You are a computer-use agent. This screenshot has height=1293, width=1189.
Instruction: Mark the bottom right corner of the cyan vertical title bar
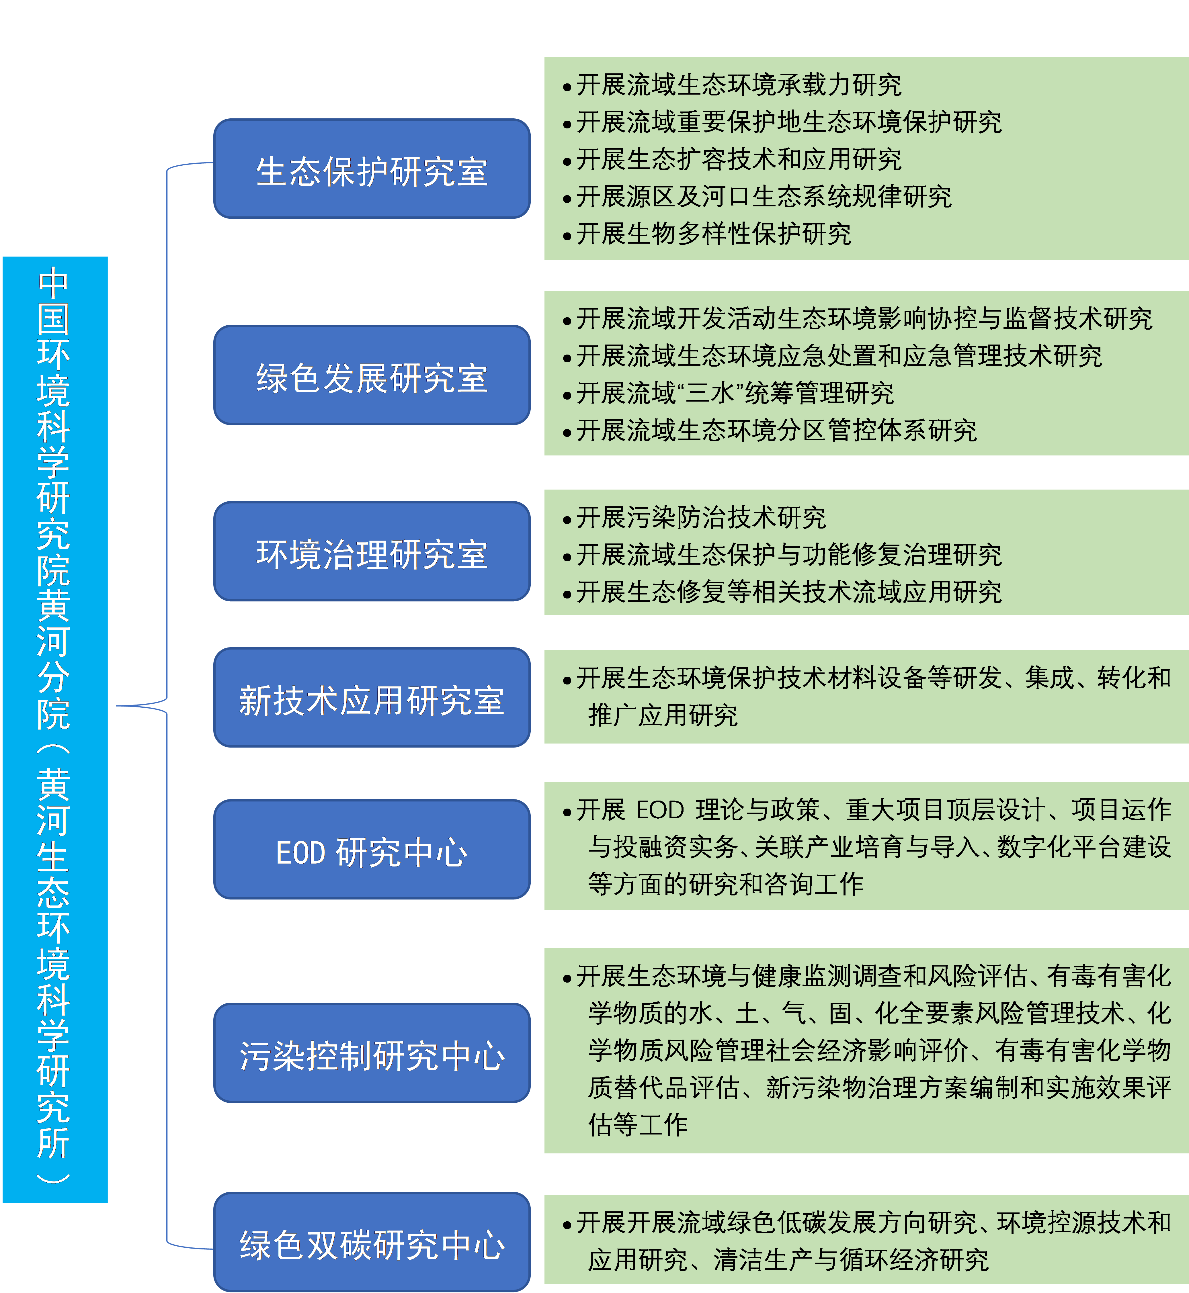(108, 1202)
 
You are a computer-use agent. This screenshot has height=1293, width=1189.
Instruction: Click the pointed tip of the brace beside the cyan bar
(116, 706)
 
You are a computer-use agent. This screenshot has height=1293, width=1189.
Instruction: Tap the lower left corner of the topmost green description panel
(545, 260)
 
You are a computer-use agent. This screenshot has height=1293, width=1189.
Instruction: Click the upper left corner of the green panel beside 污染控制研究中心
(545, 948)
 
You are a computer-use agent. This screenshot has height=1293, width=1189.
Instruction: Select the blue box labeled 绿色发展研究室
(372, 375)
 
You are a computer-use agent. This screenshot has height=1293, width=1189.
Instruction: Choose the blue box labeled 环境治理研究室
(372, 551)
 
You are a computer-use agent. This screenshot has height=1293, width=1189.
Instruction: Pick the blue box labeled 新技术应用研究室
(372, 697)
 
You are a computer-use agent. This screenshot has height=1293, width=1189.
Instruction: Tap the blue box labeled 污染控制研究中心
(372, 1053)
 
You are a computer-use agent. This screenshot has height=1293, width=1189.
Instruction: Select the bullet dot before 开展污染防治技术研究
(567, 521)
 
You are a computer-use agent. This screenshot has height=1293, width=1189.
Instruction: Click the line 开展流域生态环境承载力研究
(739, 84)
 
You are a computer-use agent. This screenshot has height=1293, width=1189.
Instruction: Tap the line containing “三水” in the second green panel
(735, 392)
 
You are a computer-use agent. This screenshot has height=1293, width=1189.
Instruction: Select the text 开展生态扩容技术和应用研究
(739, 159)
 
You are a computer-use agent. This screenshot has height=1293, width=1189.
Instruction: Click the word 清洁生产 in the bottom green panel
(763, 1259)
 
